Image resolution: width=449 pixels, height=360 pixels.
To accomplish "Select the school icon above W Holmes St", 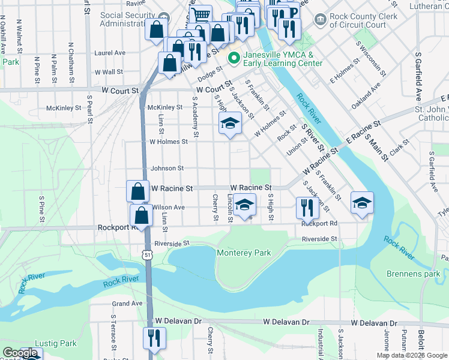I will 229,123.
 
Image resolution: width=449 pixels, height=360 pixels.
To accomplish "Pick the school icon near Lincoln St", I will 244,205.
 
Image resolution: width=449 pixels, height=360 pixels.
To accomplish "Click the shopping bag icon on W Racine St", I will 137,191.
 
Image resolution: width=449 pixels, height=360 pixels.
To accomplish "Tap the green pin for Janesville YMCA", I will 233,58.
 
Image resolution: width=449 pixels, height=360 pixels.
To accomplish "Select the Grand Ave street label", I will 127,304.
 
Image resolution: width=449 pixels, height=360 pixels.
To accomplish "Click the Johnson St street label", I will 167,169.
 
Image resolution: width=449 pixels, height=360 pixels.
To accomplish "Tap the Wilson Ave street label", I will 169,207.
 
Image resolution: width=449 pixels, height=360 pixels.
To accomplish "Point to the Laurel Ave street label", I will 110,53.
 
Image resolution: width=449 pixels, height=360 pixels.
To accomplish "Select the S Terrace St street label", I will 113,332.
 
